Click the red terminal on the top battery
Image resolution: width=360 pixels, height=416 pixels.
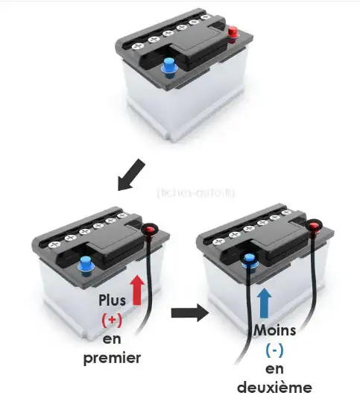coord(233,32)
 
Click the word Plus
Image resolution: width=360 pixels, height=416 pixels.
coord(112,300)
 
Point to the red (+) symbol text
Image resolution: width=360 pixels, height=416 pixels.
coord(113,320)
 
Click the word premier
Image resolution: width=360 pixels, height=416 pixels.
coord(113,358)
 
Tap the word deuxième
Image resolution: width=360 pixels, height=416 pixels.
coord(273,388)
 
